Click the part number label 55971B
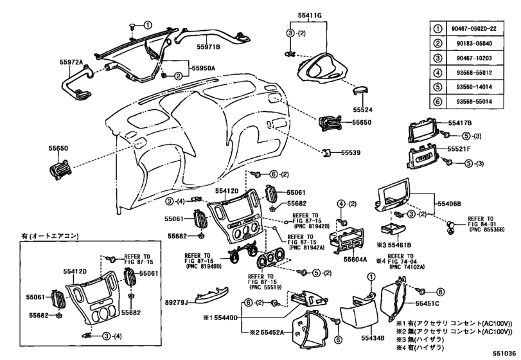209,47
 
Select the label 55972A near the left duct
73,62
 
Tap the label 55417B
459,122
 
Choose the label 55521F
459,149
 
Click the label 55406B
450,203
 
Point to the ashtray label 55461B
398,245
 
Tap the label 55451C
427,303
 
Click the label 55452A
275,332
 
